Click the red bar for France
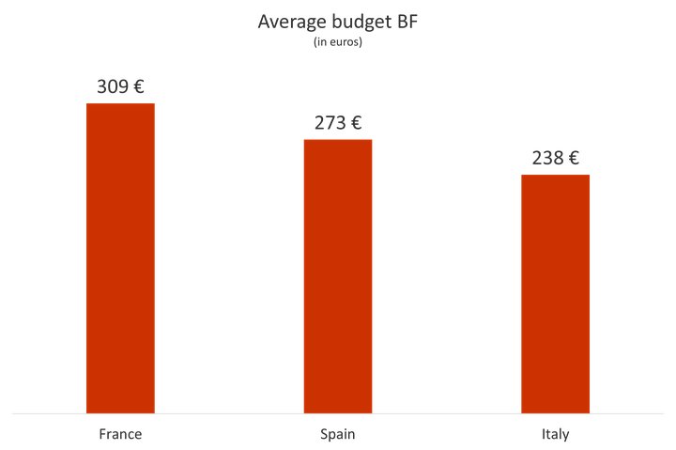(x=120, y=257)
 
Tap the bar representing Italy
(x=555, y=293)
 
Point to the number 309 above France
(x=112, y=87)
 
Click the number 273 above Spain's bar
(x=330, y=123)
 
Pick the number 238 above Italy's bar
(x=547, y=158)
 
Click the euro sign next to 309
(x=138, y=87)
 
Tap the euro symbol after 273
(x=356, y=123)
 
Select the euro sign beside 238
(x=573, y=158)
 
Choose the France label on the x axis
(x=120, y=435)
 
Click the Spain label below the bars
(x=338, y=435)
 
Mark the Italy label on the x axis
(x=555, y=435)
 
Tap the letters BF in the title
(x=407, y=23)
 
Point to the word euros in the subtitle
(x=344, y=42)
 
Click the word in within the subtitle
(x=319, y=42)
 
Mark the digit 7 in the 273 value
(x=330, y=123)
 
